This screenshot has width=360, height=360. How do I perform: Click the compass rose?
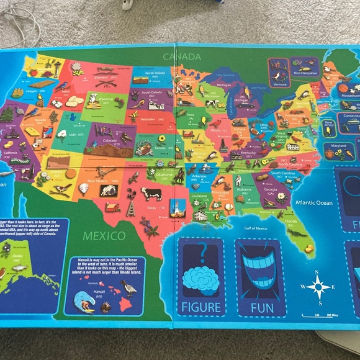318,286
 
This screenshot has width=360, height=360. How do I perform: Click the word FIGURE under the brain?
200,306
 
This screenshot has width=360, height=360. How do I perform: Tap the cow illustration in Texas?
152,194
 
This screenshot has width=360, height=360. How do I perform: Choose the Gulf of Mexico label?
258,228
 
